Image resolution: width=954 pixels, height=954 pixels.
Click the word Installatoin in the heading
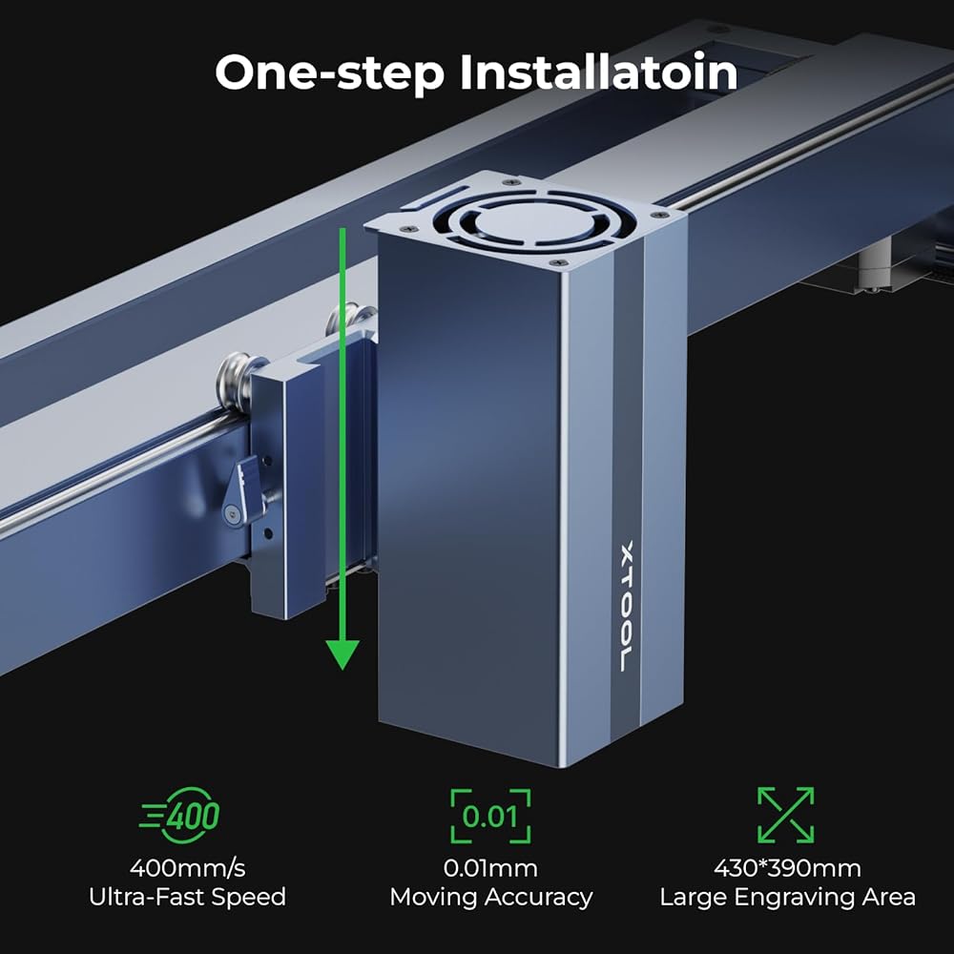599,72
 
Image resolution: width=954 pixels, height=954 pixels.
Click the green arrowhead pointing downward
342,654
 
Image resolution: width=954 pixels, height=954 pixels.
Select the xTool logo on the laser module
626,606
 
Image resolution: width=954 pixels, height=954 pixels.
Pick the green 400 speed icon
180,816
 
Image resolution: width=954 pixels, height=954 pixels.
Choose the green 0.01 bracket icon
490,816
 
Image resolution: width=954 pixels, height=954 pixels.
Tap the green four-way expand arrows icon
785,816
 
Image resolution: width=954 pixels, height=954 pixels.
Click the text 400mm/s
187,868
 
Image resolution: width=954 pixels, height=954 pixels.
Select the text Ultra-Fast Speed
187,897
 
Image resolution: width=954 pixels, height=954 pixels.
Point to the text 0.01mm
490,868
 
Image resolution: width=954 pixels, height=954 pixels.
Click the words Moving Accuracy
491,898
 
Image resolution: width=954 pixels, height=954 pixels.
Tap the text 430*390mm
787,868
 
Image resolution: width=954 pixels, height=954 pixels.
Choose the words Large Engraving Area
787,898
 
